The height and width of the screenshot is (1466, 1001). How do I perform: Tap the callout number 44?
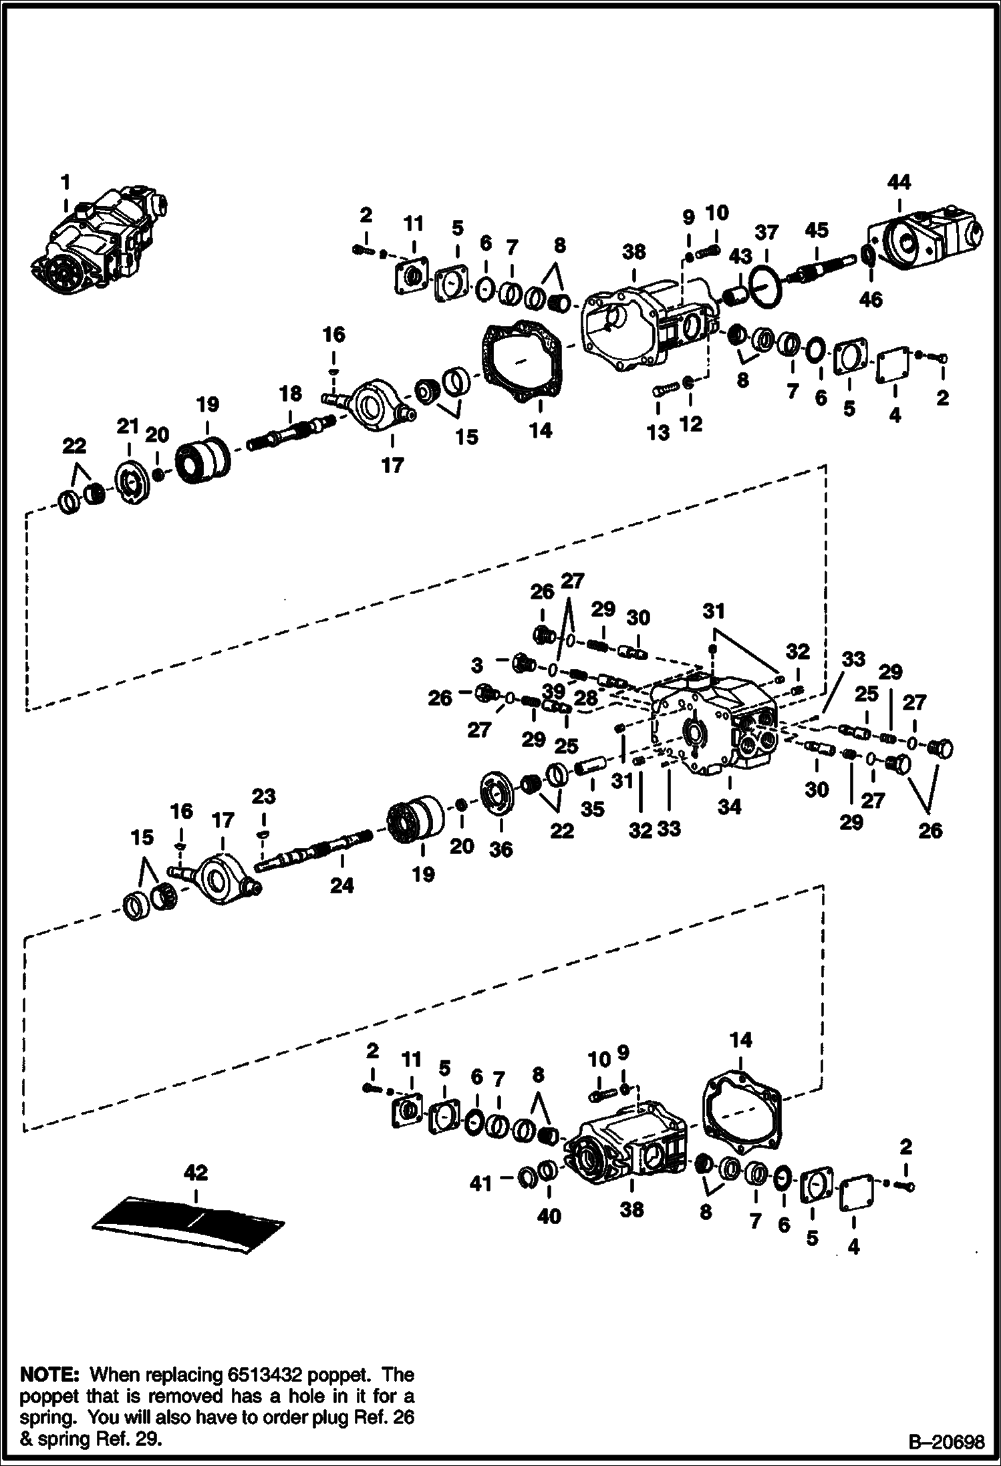click(899, 182)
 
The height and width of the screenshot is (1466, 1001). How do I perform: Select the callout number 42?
click(195, 1173)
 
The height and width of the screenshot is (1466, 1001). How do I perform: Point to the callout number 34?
click(730, 807)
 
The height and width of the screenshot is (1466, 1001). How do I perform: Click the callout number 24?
click(341, 886)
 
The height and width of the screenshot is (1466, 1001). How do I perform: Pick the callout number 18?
click(291, 394)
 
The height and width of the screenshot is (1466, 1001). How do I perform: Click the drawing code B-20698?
click(946, 1443)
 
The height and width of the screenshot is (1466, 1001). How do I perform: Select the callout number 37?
click(767, 233)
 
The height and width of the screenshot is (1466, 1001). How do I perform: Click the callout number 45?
click(817, 230)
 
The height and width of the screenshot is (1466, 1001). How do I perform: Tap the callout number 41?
click(480, 1183)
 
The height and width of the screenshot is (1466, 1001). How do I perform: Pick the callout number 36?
click(501, 849)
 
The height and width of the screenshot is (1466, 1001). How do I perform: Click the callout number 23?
click(263, 796)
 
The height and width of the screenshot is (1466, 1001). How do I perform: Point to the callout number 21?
click(128, 426)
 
